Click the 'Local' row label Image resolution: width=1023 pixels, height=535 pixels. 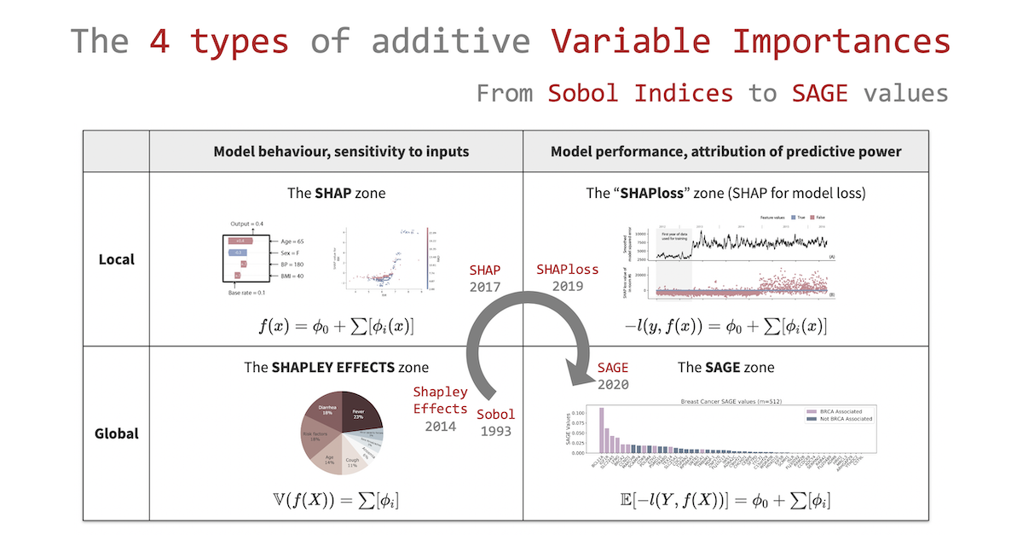coord(115,259)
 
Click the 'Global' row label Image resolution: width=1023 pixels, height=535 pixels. coord(115,433)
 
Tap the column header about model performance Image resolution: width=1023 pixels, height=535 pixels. coord(725,152)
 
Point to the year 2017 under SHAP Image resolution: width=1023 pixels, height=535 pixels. coord(486,288)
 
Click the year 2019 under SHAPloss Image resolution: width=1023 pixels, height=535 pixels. coord(567,287)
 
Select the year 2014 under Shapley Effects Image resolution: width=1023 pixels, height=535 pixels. coord(441,426)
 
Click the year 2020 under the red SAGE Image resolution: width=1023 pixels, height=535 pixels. coord(613,385)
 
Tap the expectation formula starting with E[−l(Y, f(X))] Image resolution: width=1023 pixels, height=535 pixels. coord(725,501)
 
